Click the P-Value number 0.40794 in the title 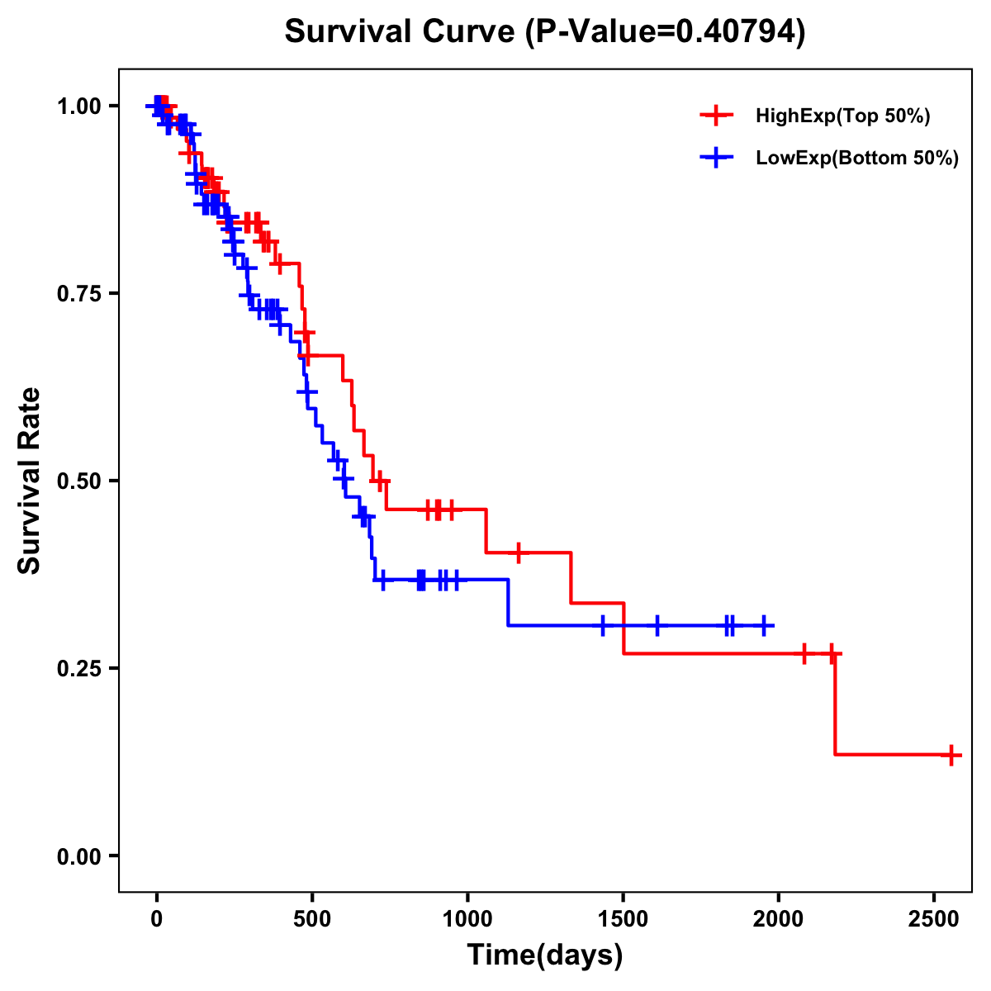pyautogui.click(x=737, y=32)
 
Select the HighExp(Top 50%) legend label pyautogui.click(x=842, y=116)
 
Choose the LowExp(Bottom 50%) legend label pyautogui.click(x=857, y=159)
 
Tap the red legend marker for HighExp pyautogui.click(x=716, y=116)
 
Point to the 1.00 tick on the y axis pyautogui.click(x=79, y=107)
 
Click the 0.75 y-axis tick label pyautogui.click(x=79, y=294)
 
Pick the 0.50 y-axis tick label pyautogui.click(x=79, y=481)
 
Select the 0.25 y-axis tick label pyautogui.click(x=79, y=669)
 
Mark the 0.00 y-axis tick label pyautogui.click(x=79, y=856)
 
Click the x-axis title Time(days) pyautogui.click(x=545, y=955)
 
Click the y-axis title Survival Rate pyautogui.click(x=30, y=481)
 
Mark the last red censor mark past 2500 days pyautogui.click(x=951, y=754)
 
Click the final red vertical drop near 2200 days pyautogui.click(x=835, y=704)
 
